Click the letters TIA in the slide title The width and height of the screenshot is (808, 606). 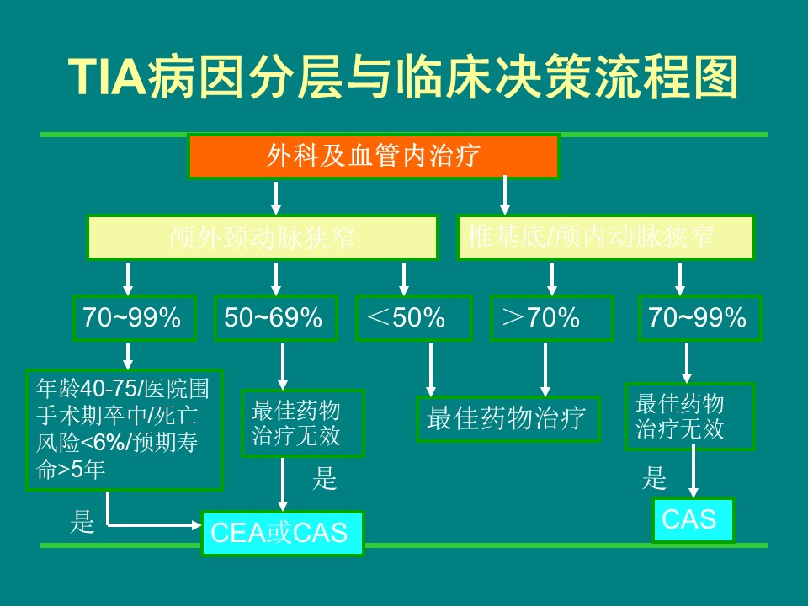(x=106, y=79)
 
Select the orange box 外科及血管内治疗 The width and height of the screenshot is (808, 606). (x=373, y=157)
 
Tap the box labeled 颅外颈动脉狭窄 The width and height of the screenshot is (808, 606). (x=263, y=237)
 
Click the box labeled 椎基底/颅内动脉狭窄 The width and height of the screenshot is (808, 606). (x=605, y=237)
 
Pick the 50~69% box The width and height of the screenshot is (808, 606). (x=274, y=317)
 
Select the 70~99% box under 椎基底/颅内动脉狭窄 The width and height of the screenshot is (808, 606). (x=699, y=317)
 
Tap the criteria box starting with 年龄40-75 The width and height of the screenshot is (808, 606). (x=125, y=429)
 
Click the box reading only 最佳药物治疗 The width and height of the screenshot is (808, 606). (x=508, y=418)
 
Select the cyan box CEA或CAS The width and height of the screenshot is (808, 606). (x=283, y=533)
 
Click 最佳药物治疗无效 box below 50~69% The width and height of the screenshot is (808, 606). (x=302, y=423)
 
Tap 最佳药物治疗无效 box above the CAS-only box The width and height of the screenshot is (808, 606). (x=689, y=416)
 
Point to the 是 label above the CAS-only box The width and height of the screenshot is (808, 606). (x=654, y=479)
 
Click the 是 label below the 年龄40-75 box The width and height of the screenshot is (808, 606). (x=82, y=522)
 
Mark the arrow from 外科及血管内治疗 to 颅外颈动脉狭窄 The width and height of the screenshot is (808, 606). (x=275, y=197)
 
